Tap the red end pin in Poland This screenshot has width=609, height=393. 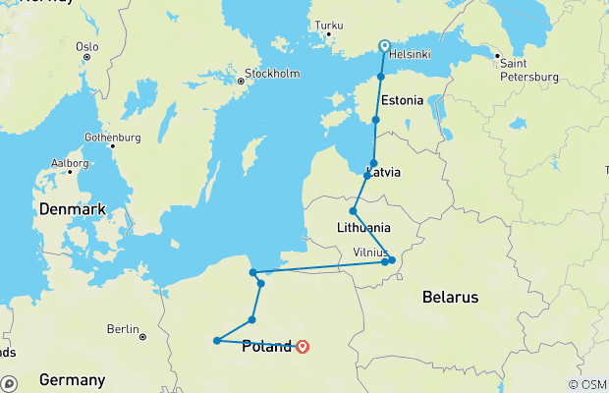tap(303, 345)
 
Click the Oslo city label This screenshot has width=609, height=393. tap(87, 45)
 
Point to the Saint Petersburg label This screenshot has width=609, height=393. tap(529, 70)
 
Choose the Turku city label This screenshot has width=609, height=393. tap(328, 25)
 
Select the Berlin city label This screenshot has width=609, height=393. tap(124, 328)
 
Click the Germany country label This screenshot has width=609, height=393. tap(72, 379)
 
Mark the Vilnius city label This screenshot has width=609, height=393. tap(370, 253)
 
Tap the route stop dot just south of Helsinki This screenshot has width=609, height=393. tap(381, 76)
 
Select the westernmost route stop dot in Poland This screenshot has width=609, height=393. tap(216, 341)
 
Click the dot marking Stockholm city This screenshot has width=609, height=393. tap(238, 83)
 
